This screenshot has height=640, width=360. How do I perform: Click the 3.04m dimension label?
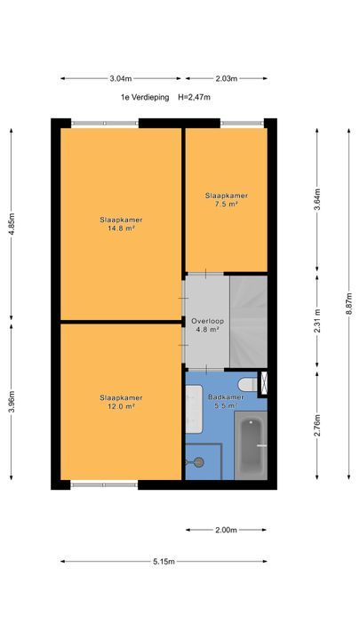120,79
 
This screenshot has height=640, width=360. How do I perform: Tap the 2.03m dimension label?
227,79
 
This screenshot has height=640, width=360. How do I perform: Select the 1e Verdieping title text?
145,97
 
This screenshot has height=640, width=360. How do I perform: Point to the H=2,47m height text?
195,97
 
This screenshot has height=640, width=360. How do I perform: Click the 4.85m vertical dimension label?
12,224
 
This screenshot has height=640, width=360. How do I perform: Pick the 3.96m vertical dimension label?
12,402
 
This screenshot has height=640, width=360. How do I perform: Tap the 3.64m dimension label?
317,199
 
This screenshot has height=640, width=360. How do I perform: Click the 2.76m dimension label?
317,425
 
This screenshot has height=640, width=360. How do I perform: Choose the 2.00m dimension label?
226,530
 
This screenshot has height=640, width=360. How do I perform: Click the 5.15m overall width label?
164,562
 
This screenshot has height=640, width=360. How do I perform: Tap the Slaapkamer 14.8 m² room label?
121,224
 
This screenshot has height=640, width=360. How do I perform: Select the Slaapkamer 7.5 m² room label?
227,200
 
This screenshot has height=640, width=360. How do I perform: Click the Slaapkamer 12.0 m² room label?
121,402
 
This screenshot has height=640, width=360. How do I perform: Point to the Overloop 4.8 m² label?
208,325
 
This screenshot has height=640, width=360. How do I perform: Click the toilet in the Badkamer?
248,384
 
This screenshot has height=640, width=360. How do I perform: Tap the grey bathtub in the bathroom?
251,445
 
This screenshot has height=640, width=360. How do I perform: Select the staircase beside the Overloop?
248,322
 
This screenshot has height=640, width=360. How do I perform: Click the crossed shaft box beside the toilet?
264,384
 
